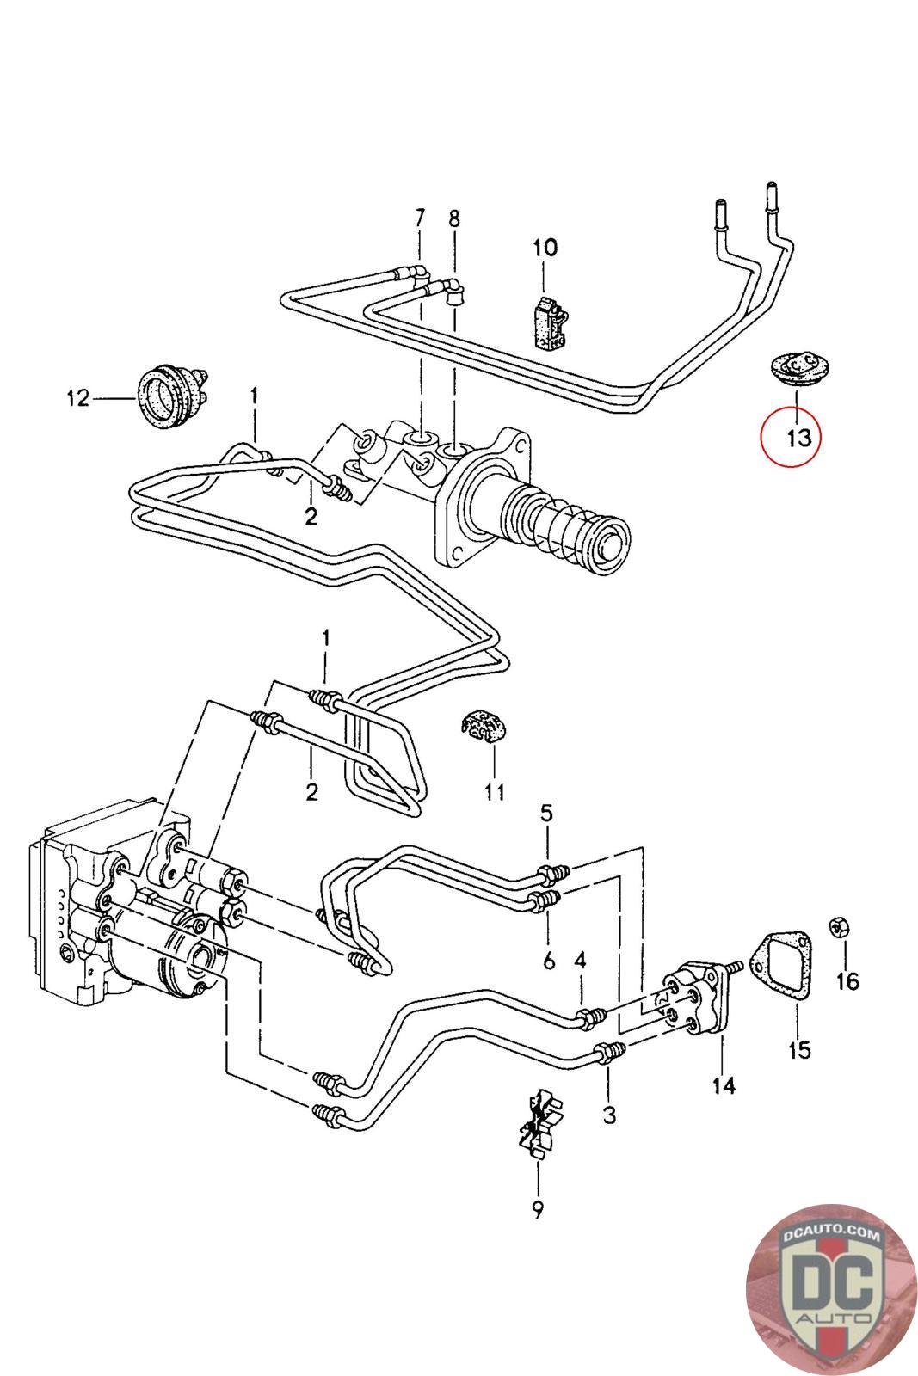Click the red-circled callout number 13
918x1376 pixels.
(798, 438)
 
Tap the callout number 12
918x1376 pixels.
(78, 398)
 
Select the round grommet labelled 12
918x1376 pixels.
(170, 394)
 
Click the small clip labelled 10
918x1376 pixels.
(551, 323)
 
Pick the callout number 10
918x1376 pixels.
(545, 248)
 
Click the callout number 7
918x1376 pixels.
(420, 218)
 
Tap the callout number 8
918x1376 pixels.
(454, 218)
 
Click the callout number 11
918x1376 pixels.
(495, 792)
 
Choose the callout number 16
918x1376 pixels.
(847, 981)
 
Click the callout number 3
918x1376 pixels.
(609, 1115)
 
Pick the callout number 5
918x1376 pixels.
(546, 813)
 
